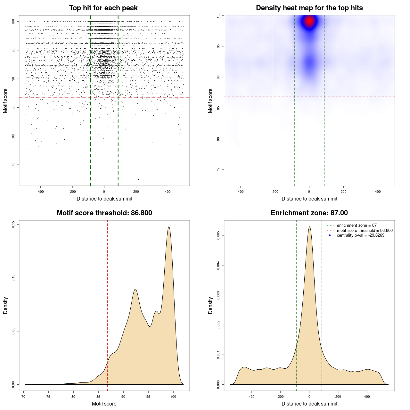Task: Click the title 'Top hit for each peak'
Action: coord(103,8)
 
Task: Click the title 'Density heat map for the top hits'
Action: coord(309,8)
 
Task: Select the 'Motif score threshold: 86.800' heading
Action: coord(104,213)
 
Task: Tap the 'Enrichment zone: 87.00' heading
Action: coord(309,213)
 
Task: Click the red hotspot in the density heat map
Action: coord(309,21)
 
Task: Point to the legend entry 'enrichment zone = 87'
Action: coord(357,225)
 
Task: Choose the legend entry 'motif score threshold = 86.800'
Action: coord(365,230)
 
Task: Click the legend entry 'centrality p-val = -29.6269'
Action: coord(360,235)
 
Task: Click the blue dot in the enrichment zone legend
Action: coord(330,235)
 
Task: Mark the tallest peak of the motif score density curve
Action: coord(169,227)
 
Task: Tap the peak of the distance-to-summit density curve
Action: coord(309,227)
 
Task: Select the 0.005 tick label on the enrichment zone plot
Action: coord(218,235)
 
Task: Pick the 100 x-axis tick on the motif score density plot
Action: coord(173,397)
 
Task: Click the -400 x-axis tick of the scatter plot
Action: coord(40,192)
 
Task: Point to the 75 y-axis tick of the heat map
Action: coord(218,170)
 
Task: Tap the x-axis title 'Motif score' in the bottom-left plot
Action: coord(104,404)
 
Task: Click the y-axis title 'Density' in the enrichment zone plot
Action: coord(210,305)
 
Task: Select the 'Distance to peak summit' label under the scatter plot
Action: coord(104,199)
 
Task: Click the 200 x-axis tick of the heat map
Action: coord(343,192)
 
